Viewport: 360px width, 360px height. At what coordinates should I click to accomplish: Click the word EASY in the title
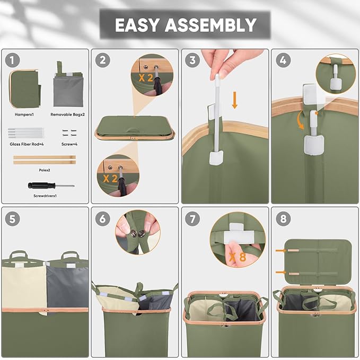point(137,25)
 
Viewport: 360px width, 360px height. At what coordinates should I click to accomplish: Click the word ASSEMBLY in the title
point(210,25)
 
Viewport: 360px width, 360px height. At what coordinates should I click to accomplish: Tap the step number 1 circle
point(12,60)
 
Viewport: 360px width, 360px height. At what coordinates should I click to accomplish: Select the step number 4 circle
point(283,60)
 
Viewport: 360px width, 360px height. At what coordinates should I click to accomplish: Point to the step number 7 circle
point(192,219)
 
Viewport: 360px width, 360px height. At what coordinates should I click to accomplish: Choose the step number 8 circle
point(283,219)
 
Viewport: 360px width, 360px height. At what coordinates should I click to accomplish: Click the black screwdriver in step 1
point(51,185)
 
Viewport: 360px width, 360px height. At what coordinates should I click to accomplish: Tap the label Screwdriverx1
point(45,196)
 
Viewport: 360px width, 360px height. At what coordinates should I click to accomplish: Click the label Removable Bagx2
point(67,115)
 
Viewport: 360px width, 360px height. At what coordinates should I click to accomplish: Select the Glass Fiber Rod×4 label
point(27,144)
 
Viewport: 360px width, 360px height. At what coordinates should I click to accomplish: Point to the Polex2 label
point(45,170)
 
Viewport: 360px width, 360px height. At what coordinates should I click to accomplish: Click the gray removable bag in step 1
point(68,89)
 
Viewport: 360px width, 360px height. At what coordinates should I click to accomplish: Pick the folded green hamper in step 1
point(25,89)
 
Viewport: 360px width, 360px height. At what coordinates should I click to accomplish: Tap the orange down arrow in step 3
point(234,100)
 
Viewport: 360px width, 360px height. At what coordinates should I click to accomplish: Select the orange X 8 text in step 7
point(238,257)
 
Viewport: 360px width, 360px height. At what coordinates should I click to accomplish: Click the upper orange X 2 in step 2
point(146,78)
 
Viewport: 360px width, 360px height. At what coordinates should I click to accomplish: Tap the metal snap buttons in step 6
point(137,234)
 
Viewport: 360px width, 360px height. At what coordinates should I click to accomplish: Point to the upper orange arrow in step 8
point(281,250)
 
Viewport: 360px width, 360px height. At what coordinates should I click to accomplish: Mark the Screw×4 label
point(69,144)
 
